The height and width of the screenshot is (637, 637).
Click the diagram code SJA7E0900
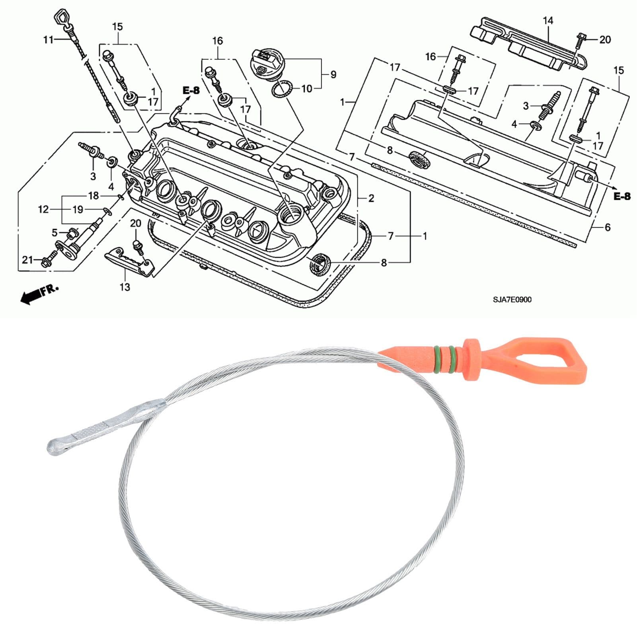(x=512, y=300)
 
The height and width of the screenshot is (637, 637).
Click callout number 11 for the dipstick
(x=48, y=39)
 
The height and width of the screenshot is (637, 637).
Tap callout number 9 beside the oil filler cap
(x=333, y=74)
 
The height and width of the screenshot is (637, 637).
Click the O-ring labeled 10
(x=282, y=89)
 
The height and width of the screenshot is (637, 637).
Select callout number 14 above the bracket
(x=548, y=20)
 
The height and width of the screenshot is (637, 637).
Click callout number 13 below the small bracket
(x=125, y=286)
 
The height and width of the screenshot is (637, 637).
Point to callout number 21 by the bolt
(x=27, y=260)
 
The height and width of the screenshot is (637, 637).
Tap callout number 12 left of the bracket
(x=43, y=209)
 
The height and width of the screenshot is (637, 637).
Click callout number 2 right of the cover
(x=371, y=198)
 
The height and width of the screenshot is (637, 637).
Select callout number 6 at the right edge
(x=607, y=227)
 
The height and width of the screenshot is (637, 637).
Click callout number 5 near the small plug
(x=55, y=233)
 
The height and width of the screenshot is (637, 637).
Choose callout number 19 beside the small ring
(x=78, y=209)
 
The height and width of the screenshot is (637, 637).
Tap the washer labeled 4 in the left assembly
(x=111, y=161)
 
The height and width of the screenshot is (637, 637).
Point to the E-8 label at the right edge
(x=622, y=196)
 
